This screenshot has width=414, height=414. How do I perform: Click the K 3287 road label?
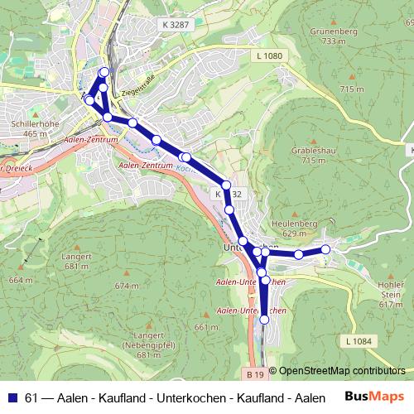175,26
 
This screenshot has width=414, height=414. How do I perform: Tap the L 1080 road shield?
270,55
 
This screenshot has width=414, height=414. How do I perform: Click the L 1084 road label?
357,340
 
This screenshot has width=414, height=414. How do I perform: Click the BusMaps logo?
374,397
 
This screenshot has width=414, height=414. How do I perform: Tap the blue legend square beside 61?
12,398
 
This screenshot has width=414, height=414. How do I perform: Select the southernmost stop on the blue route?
265,319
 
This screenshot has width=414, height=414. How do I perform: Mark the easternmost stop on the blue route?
325,249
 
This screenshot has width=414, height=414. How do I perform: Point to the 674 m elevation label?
127,286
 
